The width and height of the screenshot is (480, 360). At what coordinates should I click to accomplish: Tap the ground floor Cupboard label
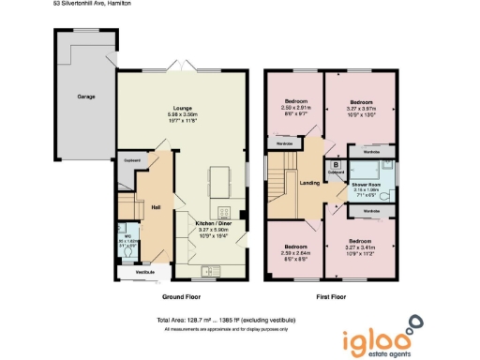131,160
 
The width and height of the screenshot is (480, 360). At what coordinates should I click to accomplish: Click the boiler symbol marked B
335,164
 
